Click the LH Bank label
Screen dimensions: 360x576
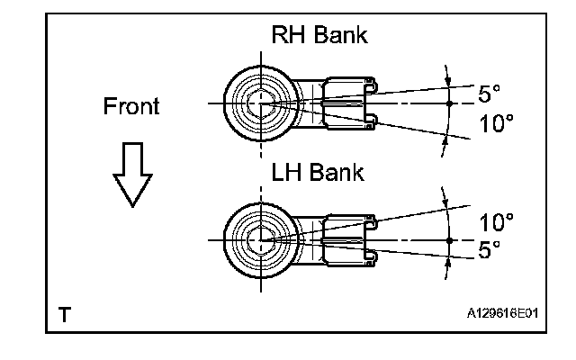317,172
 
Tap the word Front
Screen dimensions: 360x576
131,107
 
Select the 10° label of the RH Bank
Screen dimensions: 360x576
496,124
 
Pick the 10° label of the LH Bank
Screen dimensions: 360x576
496,221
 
